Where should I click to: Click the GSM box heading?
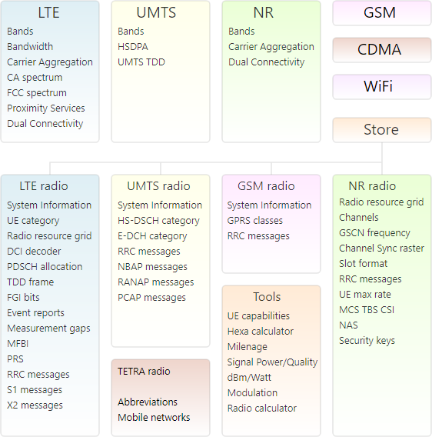tap(380, 12)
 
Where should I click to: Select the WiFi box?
tap(382, 87)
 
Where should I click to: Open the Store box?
tap(382, 130)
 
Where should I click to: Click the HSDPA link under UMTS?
tap(133, 46)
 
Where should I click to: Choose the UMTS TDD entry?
tap(141, 62)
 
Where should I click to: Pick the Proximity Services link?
tap(46, 108)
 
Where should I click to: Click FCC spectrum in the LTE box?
tap(37, 93)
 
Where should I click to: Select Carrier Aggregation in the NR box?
tap(271, 47)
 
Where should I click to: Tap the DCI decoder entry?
tap(34, 251)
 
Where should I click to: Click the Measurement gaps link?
tap(48, 329)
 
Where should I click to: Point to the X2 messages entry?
tap(35, 405)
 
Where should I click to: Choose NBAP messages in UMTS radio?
tap(152, 267)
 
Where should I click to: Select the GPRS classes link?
tap(255, 221)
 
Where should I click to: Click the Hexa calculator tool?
tap(261, 331)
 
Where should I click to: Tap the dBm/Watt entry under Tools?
tap(249, 377)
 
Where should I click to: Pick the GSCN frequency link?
tap(374, 232)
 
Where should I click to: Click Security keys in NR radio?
tap(367, 341)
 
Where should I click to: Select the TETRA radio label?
tap(144, 372)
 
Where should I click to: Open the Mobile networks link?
tap(154, 418)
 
